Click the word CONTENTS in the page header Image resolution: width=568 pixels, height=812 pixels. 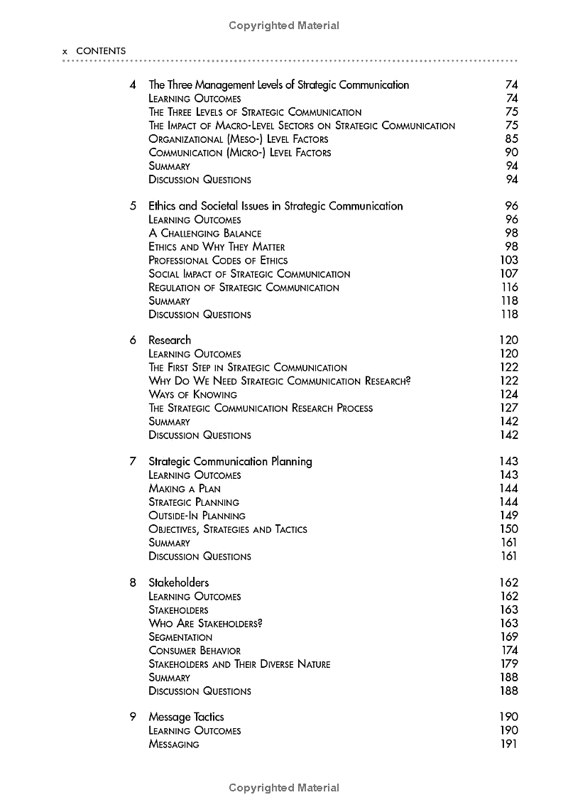[101, 51]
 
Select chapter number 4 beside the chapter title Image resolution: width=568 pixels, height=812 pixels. [133, 85]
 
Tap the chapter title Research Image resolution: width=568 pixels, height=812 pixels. [170, 340]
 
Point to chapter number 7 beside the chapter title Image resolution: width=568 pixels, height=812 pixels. [133, 462]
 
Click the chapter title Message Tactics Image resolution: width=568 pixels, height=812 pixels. [186, 718]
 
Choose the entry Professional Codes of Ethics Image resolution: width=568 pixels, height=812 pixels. [218, 261]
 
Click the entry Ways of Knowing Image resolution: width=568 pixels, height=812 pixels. [192, 395]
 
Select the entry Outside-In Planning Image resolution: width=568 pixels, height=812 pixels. [197, 516]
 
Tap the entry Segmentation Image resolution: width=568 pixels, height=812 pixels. [180, 637]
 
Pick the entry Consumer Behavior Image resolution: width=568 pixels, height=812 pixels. [195, 651]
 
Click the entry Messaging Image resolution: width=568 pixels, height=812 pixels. [174, 745]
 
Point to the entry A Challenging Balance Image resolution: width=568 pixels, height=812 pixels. [204, 234]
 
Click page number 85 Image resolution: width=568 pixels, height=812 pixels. [511, 139]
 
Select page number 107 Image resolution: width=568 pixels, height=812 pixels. [509, 274]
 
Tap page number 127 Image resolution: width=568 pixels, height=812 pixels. [509, 408]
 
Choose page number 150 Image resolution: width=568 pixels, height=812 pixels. [509, 529]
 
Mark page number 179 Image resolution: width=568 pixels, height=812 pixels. [509, 664]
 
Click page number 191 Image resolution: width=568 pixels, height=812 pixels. [509, 745]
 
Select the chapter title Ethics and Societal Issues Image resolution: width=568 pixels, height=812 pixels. [275, 207]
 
